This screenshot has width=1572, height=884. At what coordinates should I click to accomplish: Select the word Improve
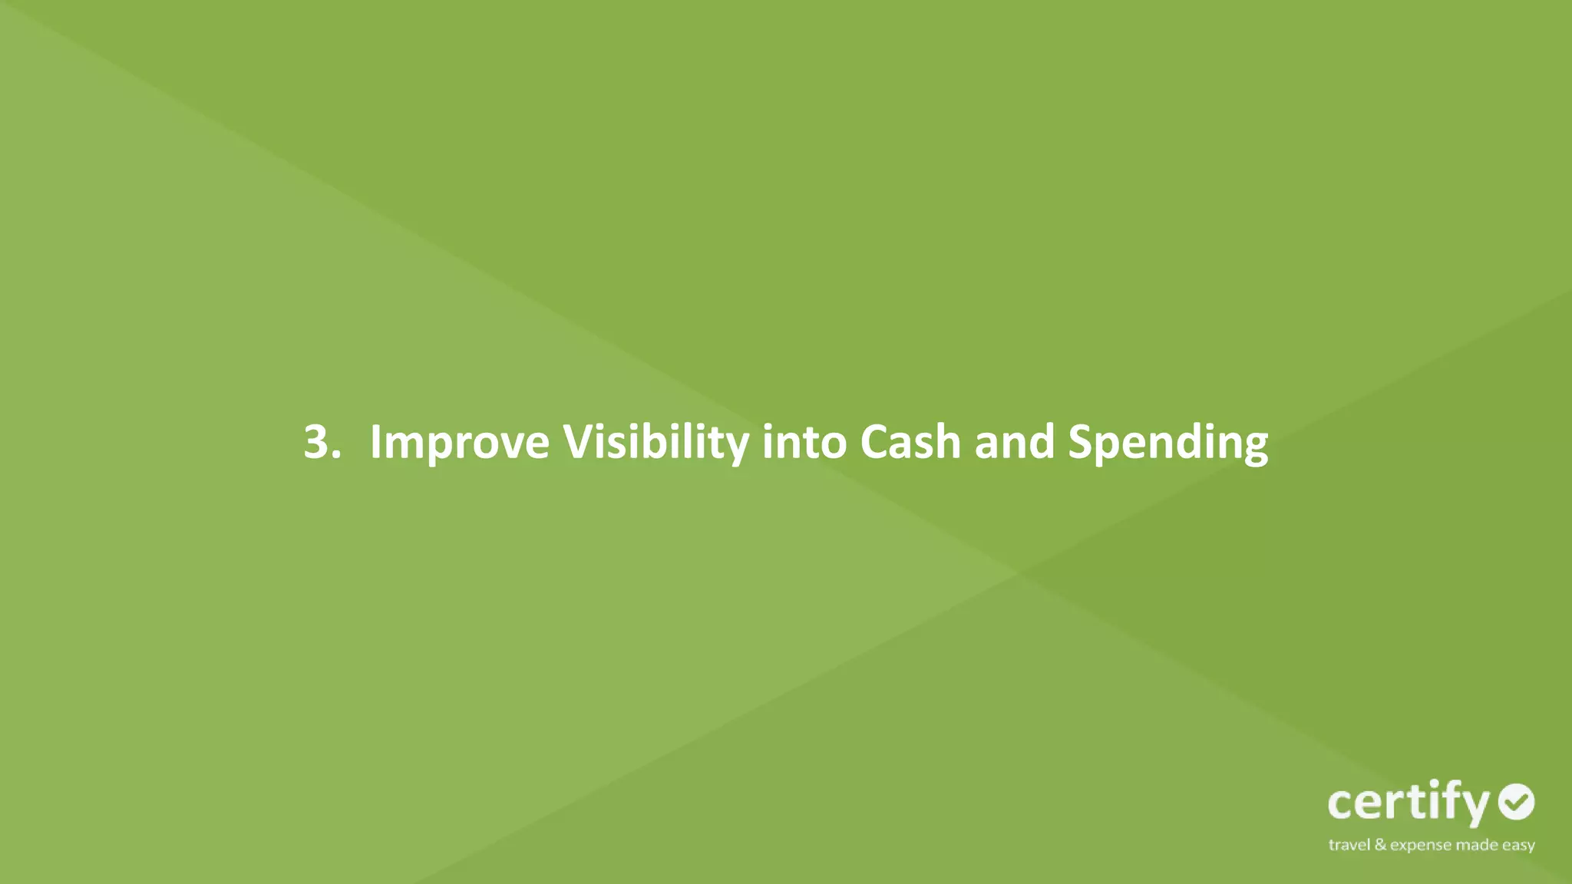pyautogui.click(x=459, y=442)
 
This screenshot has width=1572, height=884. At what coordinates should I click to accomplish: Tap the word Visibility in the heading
pyautogui.click(x=656, y=442)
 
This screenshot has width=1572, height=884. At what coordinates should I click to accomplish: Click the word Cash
pyautogui.click(x=910, y=442)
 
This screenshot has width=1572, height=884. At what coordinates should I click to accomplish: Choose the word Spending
pyautogui.click(x=1167, y=444)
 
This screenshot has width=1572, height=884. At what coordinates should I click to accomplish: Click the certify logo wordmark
pyautogui.click(x=1409, y=803)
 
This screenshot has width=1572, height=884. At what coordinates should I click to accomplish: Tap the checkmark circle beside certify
pyautogui.click(x=1516, y=802)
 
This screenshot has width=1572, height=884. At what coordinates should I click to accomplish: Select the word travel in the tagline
pyautogui.click(x=1349, y=845)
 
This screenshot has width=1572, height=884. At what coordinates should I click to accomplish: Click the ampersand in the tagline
pyautogui.click(x=1381, y=845)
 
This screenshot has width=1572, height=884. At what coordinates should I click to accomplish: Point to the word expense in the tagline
pyautogui.click(x=1421, y=846)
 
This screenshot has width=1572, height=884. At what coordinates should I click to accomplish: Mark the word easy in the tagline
pyautogui.click(x=1519, y=846)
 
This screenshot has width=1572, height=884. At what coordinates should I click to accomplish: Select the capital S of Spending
pyautogui.click(x=1082, y=442)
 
